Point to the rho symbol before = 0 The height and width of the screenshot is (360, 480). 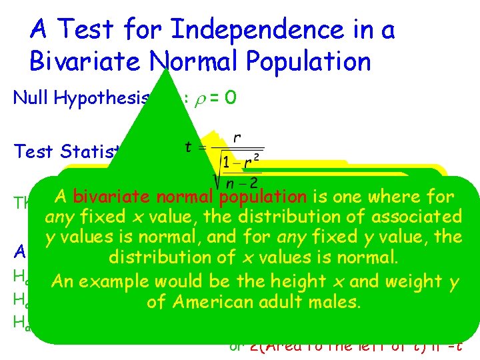[x=199, y=99]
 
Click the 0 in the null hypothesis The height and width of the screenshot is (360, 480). [x=229, y=98]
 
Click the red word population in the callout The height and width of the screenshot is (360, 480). [x=263, y=197]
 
